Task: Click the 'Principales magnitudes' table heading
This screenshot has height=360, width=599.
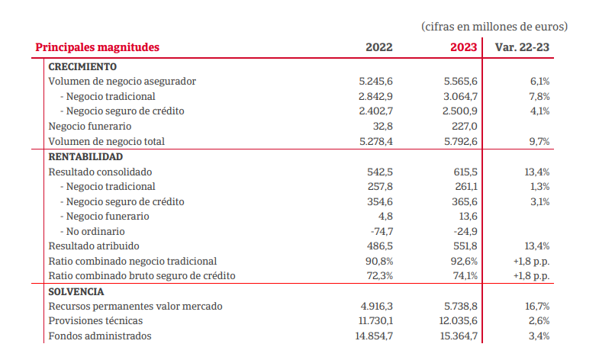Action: [98, 47]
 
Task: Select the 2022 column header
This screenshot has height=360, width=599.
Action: [379, 47]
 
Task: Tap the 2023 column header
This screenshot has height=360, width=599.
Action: [463, 47]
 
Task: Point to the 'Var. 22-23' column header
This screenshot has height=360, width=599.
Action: [523, 47]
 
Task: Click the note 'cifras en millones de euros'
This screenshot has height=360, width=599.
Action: [494, 27]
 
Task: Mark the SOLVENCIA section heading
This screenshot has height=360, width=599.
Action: [76, 291]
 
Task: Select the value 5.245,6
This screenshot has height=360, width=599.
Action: [375, 82]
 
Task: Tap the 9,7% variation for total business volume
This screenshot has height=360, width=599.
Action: [539, 142]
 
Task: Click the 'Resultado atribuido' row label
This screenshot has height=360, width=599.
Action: [94, 246]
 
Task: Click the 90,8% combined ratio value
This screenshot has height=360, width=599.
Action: [379, 262]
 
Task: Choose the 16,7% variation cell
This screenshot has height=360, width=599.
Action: [536, 307]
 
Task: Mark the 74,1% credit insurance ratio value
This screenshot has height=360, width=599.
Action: [464, 276]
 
